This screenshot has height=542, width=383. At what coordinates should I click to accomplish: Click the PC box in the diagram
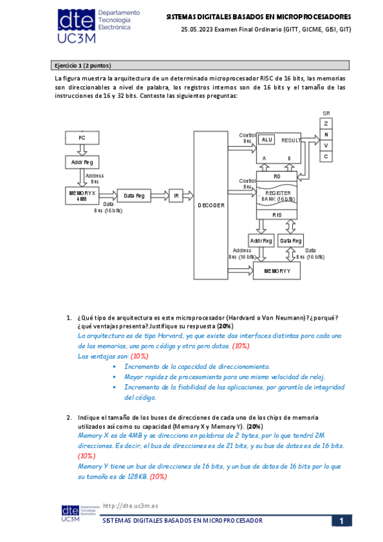(x=81, y=137)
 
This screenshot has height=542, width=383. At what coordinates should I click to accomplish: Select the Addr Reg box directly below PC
(x=81, y=163)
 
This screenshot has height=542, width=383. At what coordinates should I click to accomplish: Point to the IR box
(x=176, y=196)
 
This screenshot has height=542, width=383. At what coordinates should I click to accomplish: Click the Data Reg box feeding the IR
(x=133, y=196)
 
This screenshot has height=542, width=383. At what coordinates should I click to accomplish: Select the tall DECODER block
(x=211, y=205)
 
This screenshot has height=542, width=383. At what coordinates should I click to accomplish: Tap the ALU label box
(x=267, y=139)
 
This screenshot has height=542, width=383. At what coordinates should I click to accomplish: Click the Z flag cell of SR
(x=326, y=123)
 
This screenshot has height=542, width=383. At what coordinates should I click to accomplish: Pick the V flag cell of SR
(x=326, y=145)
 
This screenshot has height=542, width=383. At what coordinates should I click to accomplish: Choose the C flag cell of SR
(x=326, y=157)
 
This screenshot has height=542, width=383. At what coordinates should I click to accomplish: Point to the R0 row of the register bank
(x=277, y=176)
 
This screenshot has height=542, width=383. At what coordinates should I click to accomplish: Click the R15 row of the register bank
(x=277, y=215)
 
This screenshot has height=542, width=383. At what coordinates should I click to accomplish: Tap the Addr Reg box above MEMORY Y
(x=261, y=240)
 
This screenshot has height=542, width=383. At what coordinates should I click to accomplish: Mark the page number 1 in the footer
(x=342, y=522)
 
